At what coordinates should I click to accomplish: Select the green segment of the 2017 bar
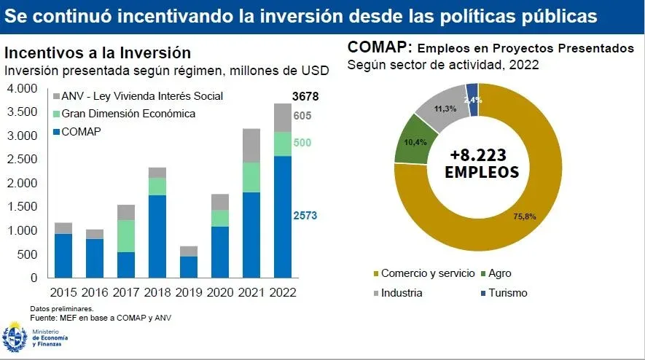127,236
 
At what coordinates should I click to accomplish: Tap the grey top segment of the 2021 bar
251,145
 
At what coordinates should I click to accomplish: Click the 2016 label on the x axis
95,292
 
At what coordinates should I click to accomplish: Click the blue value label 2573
306,216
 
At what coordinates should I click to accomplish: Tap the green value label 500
302,143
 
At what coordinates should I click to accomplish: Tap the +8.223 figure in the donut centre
478,154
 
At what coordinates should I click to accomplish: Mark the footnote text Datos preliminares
62,309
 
